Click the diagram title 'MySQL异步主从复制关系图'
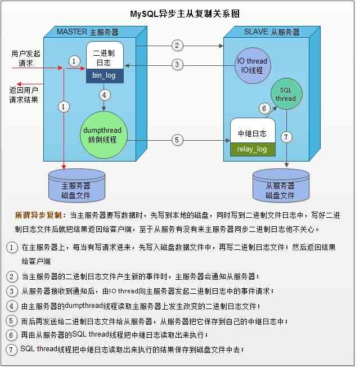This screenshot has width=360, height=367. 185,14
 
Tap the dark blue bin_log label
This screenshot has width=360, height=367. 105,75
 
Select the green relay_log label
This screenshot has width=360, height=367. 253,149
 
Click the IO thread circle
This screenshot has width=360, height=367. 253,65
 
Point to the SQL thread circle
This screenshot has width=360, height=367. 286,94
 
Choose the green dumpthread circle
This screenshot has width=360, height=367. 103,135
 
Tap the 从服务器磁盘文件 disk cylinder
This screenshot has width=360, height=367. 281,186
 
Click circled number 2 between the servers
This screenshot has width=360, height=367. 177,46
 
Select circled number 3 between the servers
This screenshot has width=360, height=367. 177,64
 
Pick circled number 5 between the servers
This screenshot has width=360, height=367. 177,140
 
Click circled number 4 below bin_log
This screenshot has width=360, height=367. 104,95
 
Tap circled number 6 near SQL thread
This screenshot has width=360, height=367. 264,109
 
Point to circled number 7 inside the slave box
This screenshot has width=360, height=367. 286,137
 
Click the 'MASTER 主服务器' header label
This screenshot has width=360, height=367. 88,32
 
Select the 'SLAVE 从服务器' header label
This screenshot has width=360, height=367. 272,32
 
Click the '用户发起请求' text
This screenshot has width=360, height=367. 26,59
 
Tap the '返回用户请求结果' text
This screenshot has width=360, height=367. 24,95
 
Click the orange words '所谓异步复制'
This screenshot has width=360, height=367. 39,215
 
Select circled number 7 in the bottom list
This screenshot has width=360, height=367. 11,350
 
